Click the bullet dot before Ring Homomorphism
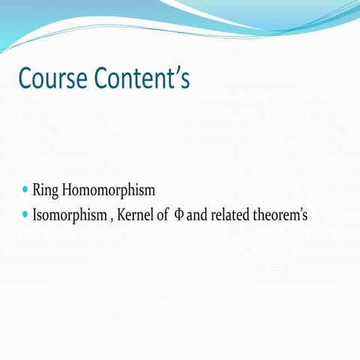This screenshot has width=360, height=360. click(26, 190)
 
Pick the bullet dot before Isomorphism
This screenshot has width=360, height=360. click(26, 215)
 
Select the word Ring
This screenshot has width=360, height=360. click(46, 191)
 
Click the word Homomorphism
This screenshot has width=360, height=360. click(109, 191)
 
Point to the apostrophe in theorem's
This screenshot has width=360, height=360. click(298, 211)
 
